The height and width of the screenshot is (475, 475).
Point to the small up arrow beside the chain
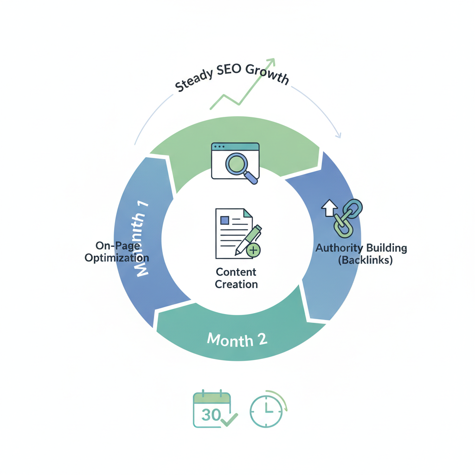[328, 209]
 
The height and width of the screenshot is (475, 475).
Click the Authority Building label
[361, 248]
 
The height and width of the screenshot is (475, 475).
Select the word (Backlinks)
[365, 260]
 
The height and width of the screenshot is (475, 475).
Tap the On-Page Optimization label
[116, 251]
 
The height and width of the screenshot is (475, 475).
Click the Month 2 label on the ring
[237, 340]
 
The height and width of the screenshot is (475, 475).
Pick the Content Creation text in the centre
[236, 278]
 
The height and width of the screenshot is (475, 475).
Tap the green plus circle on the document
[253, 251]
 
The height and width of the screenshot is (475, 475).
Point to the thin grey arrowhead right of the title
[338, 135]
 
